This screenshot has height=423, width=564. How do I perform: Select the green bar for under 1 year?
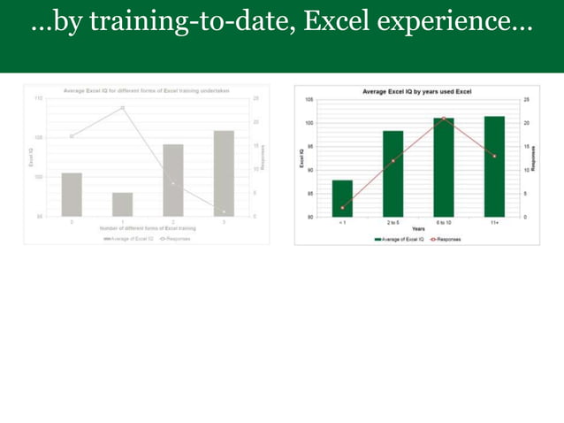click(342, 198)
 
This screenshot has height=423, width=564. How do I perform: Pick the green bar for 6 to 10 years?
click(443, 167)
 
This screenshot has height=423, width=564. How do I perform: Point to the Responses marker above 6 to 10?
click(443, 119)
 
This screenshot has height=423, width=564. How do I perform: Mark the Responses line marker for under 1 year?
click(342, 208)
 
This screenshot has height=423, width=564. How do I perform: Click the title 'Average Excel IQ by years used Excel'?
click(416, 91)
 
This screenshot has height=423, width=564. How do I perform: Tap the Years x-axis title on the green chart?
click(417, 228)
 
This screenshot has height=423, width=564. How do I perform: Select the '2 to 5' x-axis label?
click(393, 222)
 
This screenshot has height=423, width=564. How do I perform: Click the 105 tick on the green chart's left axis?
click(309, 100)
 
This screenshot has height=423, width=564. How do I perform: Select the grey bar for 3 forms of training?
click(224, 173)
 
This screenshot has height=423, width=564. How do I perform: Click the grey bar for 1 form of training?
click(122, 204)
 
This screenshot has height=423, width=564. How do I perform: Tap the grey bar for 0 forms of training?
click(72, 195)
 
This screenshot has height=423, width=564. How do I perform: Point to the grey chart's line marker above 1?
click(122, 108)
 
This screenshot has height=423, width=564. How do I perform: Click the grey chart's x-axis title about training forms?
click(148, 228)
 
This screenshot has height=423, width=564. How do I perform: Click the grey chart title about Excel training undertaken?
click(148, 90)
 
